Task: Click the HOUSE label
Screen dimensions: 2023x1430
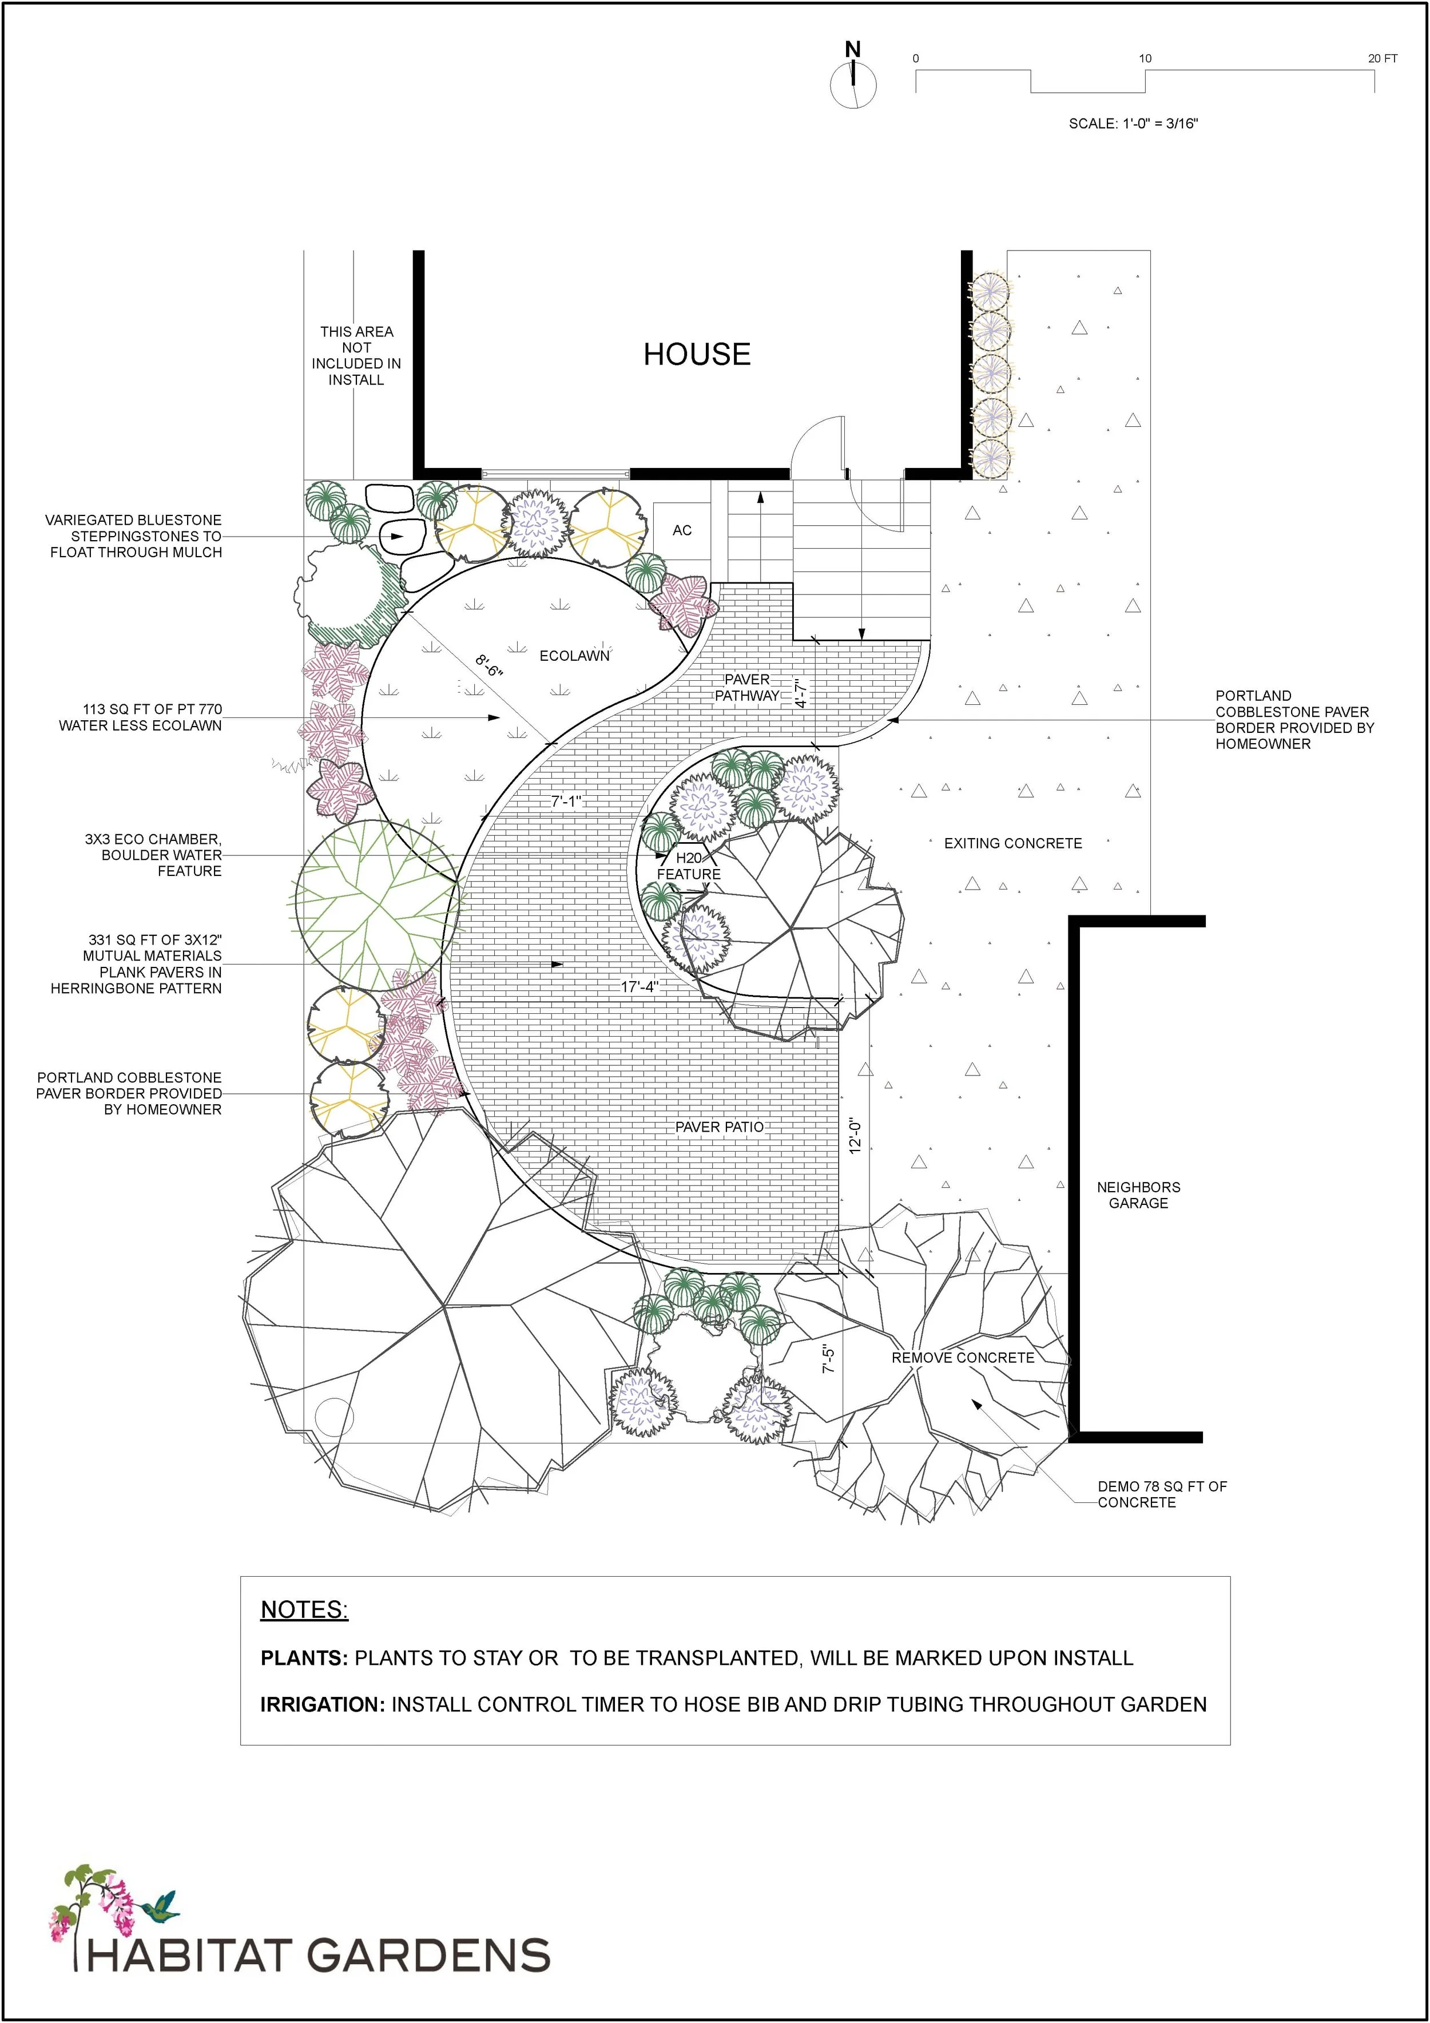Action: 696,354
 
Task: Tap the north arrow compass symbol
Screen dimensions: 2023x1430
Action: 853,83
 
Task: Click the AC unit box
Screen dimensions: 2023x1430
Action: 682,530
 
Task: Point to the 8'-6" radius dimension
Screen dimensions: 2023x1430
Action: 488,665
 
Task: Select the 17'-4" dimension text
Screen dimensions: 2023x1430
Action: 639,987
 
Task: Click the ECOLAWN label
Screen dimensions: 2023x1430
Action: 574,656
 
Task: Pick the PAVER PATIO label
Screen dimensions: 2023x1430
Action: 719,1127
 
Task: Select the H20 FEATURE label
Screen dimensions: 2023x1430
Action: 688,866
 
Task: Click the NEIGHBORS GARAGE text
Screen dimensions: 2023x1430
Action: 1138,1195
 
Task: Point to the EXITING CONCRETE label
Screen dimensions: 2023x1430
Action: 1012,843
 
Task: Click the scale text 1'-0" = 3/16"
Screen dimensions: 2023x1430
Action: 1133,124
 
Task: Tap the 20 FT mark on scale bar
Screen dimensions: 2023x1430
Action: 1381,59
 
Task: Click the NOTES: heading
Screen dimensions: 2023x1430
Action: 304,1610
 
